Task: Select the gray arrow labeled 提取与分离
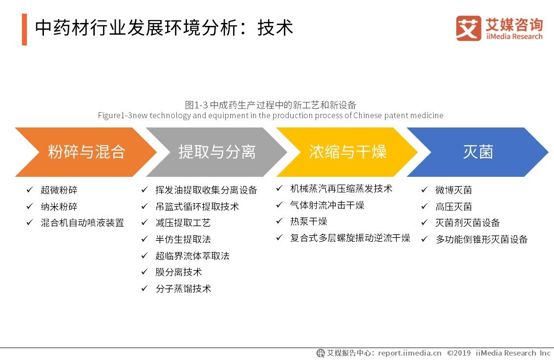[217, 152]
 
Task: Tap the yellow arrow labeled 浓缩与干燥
[347, 152]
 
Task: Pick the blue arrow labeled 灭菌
[478, 152]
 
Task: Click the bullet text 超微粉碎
[59, 190]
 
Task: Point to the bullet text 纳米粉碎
[59, 207]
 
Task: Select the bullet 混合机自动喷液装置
[82, 223]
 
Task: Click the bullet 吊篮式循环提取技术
[197, 207]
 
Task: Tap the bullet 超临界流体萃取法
[192, 256]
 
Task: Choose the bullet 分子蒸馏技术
[183, 289]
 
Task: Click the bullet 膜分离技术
[178, 272]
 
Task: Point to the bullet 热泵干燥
[308, 221]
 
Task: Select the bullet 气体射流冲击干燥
[327, 205]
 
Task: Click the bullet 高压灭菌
[453, 207]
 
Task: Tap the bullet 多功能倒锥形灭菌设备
[481, 239]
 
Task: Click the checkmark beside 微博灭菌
[425, 190]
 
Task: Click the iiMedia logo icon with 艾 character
[468, 28]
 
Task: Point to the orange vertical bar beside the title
[24, 29]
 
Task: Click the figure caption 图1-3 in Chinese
[270, 105]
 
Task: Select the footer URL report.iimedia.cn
[409, 353]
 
